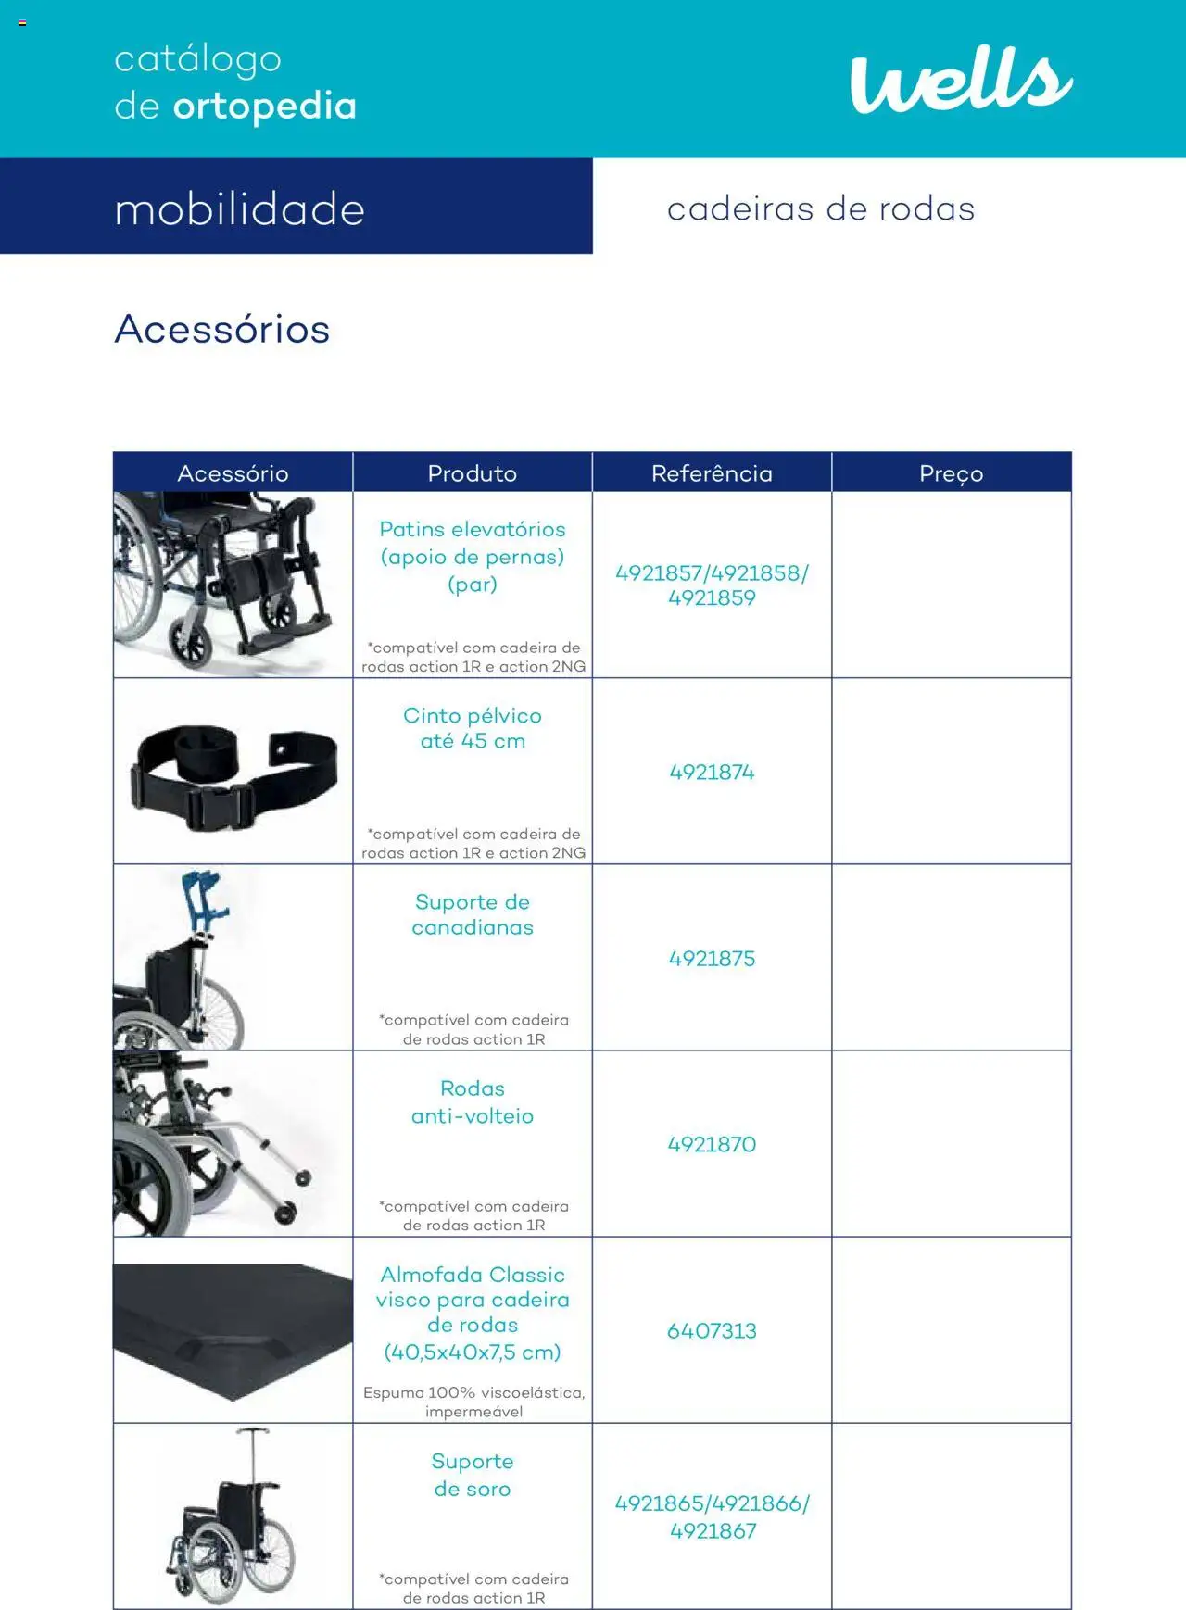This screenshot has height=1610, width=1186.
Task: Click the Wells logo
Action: pyautogui.click(x=961, y=81)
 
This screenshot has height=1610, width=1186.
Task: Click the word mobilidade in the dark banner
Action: pyautogui.click(x=239, y=209)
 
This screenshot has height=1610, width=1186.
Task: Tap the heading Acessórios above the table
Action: pyautogui.click(x=222, y=330)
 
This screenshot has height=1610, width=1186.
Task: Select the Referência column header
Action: pyautogui.click(x=712, y=473)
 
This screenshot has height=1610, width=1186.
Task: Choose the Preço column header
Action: pyautogui.click(x=951, y=473)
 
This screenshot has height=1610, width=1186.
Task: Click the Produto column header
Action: pyautogui.click(x=473, y=473)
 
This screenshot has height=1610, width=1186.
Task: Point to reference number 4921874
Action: pyautogui.click(x=712, y=773)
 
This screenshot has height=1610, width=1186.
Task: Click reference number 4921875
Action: pyautogui.click(x=712, y=959)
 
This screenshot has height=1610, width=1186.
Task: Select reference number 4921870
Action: pyautogui.click(x=712, y=1145)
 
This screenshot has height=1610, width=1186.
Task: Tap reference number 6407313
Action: pyautogui.click(x=712, y=1331)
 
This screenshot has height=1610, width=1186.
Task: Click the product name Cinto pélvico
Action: pyautogui.click(x=473, y=728)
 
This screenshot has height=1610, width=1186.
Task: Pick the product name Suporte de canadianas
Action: pyautogui.click(x=473, y=914)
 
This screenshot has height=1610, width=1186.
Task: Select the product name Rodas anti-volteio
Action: pyautogui.click(x=473, y=1102)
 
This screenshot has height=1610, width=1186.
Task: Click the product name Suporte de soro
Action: pyautogui.click(x=473, y=1475)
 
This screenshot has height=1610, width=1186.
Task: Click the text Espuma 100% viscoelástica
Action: pyautogui.click(x=473, y=1393)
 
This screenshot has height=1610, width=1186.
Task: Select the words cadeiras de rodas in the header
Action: pyautogui.click(x=821, y=209)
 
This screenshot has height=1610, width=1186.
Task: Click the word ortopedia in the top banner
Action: pyautogui.click(x=265, y=107)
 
